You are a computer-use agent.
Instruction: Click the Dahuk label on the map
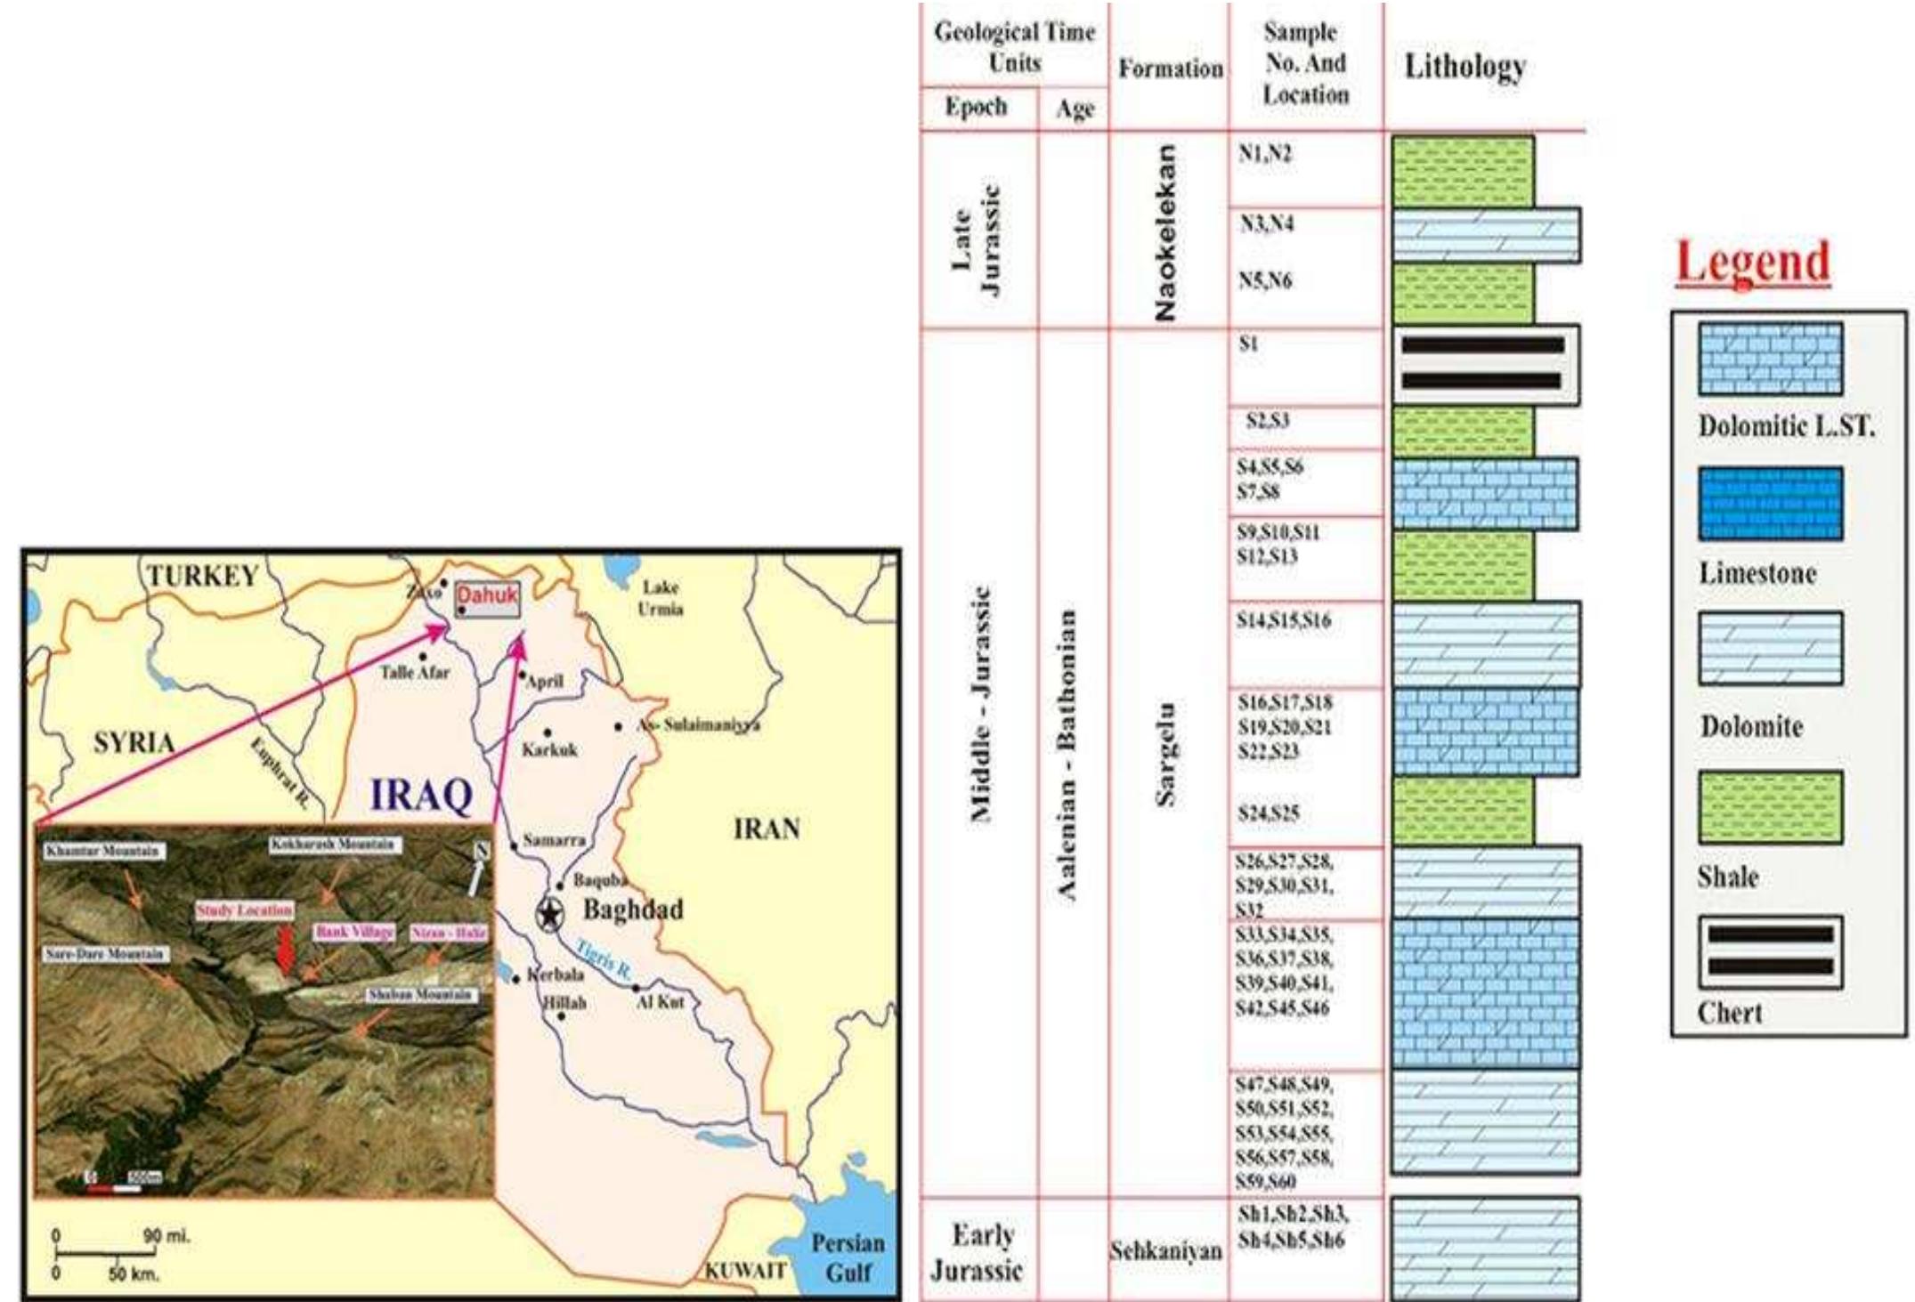tap(486, 595)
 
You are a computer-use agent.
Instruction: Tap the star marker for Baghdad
tap(549, 913)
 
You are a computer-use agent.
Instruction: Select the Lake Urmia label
tap(661, 598)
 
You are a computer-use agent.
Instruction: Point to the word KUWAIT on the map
tap(745, 1270)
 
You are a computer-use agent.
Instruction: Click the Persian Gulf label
tap(848, 1257)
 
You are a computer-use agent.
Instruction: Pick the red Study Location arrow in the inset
tap(285, 950)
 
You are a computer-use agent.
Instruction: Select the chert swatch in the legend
tap(1770, 951)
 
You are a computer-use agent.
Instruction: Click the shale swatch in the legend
tap(1770, 806)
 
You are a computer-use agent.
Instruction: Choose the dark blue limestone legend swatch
tap(1770, 504)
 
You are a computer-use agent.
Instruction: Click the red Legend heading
tap(1752, 263)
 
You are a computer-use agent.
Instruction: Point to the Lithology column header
tap(1465, 67)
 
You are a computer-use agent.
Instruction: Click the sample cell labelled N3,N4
tap(1268, 224)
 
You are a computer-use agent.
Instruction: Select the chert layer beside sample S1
tap(1484, 364)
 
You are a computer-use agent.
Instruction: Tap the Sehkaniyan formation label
tap(1165, 1251)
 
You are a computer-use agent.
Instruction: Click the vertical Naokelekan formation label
tap(1165, 231)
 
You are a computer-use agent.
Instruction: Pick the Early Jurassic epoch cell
tap(977, 1251)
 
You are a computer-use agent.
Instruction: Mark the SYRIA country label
tap(134, 741)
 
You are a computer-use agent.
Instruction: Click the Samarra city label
tap(554, 840)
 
